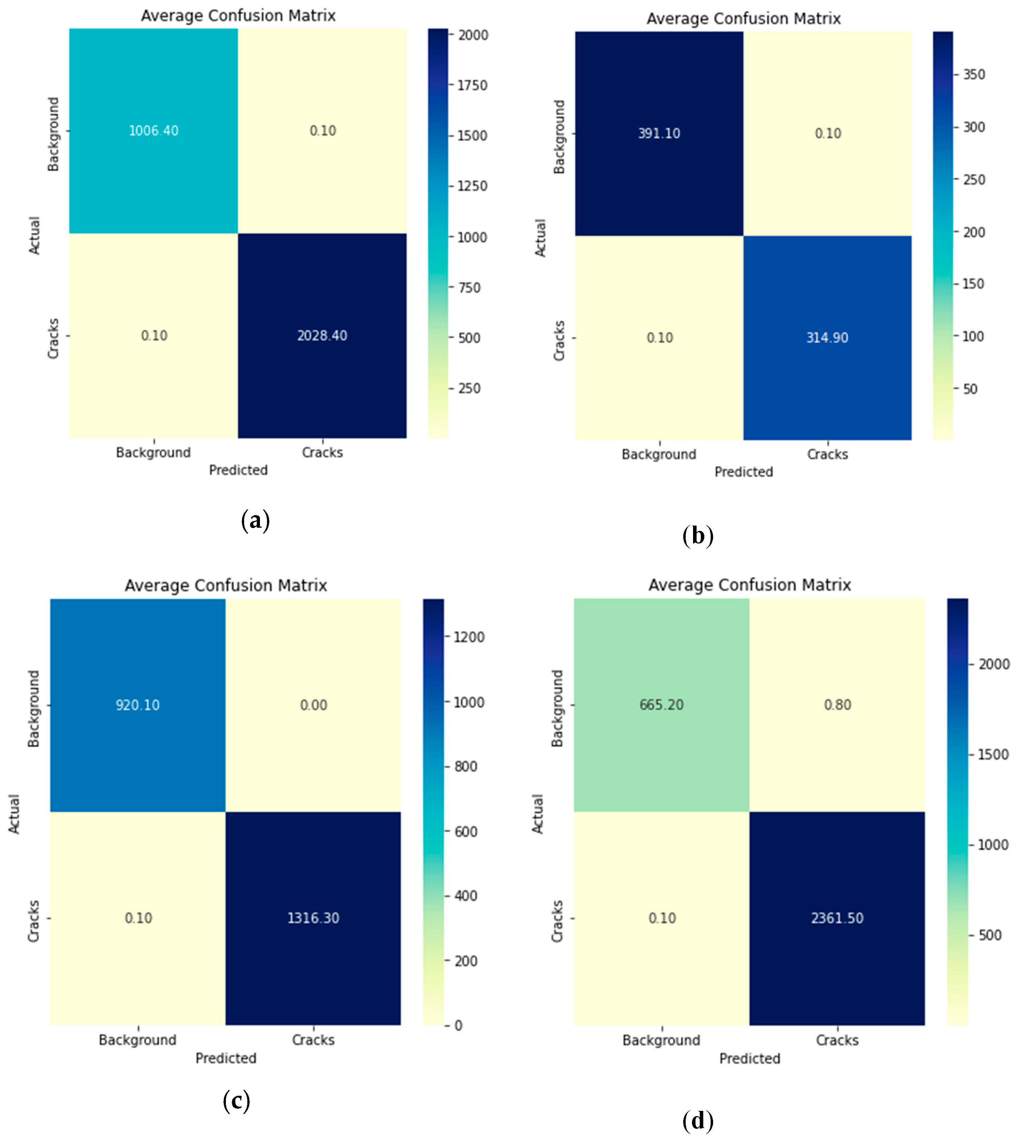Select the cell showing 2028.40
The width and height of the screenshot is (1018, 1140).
click(x=322, y=335)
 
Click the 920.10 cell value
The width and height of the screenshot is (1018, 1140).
click(x=138, y=705)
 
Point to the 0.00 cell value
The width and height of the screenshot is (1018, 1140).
click(x=313, y=705)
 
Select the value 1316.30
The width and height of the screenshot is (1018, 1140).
click(x=313, y=918)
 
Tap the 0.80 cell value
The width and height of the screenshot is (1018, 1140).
click(x=837, y=705)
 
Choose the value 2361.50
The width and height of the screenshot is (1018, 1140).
click(x=837, y=918)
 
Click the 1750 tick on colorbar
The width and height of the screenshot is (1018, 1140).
click(x=472, y=86)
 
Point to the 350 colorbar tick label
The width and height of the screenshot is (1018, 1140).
click(x=974, y=75)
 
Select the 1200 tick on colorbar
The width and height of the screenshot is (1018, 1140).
click(x=469, y=637)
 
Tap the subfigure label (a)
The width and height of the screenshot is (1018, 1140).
click(x=256, y=521)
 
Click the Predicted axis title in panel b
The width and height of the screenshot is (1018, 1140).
click(x=743, y=472)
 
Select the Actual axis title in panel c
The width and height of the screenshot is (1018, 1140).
click(x=14, y=814)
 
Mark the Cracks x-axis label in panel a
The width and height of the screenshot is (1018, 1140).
click(x=322, y=452)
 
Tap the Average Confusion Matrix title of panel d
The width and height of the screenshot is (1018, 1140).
click(x=750, y=585)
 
